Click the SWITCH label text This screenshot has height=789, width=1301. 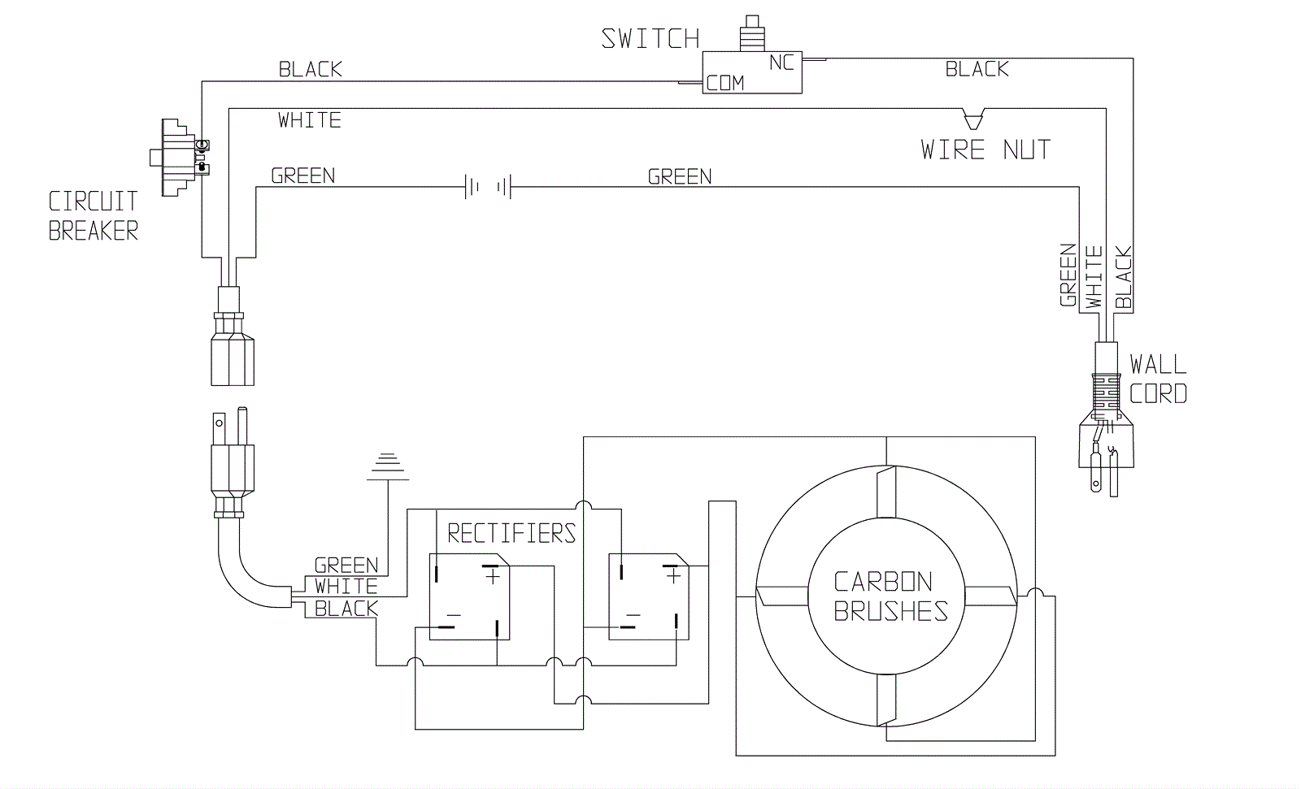pyautogui.click(x=650, y=39)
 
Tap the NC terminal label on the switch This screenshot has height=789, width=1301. pyautogui.click(x=781, y=63)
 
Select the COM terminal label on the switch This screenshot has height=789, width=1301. pyautogui.click(x=725, y=83)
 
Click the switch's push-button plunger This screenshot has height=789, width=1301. pyautogui.click(x=752, y=33)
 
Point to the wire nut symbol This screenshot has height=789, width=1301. pyautogui.click(x=972, y=119)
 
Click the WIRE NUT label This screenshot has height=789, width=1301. pyautogui.click(x=986, y=150)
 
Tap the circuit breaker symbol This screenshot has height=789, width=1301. pyautogui.click(x=179, y=158)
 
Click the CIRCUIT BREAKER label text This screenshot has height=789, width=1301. pyautogui.click(x=94, y=216)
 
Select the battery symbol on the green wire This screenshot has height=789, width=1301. pyautogui.click(x=488, y=187)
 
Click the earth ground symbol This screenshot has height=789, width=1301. pyautogui.click(x=387, y=466)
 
